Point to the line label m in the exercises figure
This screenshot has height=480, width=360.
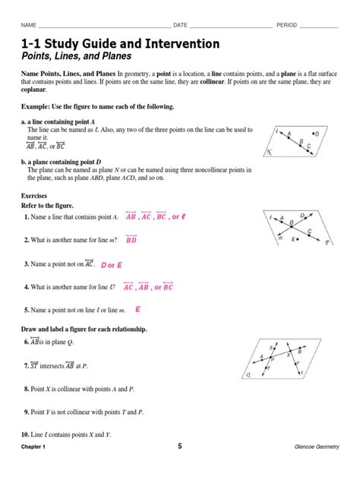pyautogui.click(x=280, y=238)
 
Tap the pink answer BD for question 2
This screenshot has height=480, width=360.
pyautogui.click(x=131, y=240)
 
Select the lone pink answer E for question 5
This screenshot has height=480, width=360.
pyautogui.click(x=137, y=310)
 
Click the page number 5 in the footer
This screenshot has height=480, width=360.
pyautogui.click(x=180, y=468)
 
